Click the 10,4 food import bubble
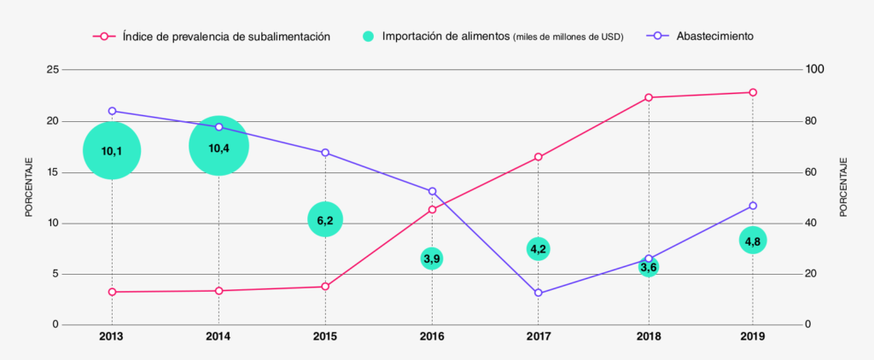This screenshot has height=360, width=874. (x=218, y=147)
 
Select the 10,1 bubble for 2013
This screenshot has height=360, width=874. (x=112, y=151)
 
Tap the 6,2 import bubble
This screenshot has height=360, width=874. (x=325, y=220)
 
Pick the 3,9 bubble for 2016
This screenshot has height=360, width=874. (x=432, y=258)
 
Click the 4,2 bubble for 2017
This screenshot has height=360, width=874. (x=538, y=249)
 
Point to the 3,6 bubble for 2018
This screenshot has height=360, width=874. (x=649, y=268)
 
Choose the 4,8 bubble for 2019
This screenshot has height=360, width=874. (x=753, y=241)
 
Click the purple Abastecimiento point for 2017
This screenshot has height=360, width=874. (x=538, y=293)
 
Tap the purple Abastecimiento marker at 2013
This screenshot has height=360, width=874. (x=112, y=111)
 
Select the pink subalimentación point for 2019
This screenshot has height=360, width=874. (x=753, y=92)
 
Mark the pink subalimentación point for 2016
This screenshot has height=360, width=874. (x=432, y=209)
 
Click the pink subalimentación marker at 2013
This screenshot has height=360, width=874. (x=112, y=292)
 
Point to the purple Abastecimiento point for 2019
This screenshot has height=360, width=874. (x=753, y=206)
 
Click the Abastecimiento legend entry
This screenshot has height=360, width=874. (x=714, y=37)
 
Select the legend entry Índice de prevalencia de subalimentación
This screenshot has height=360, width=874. (x=225, y=37)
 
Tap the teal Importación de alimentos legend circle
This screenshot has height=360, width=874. (x=368, y=37)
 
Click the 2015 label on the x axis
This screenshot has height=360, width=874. (x=325, y=337)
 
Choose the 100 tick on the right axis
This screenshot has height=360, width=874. (x=818, y=69)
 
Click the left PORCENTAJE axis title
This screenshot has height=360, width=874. (x=28, y=188)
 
